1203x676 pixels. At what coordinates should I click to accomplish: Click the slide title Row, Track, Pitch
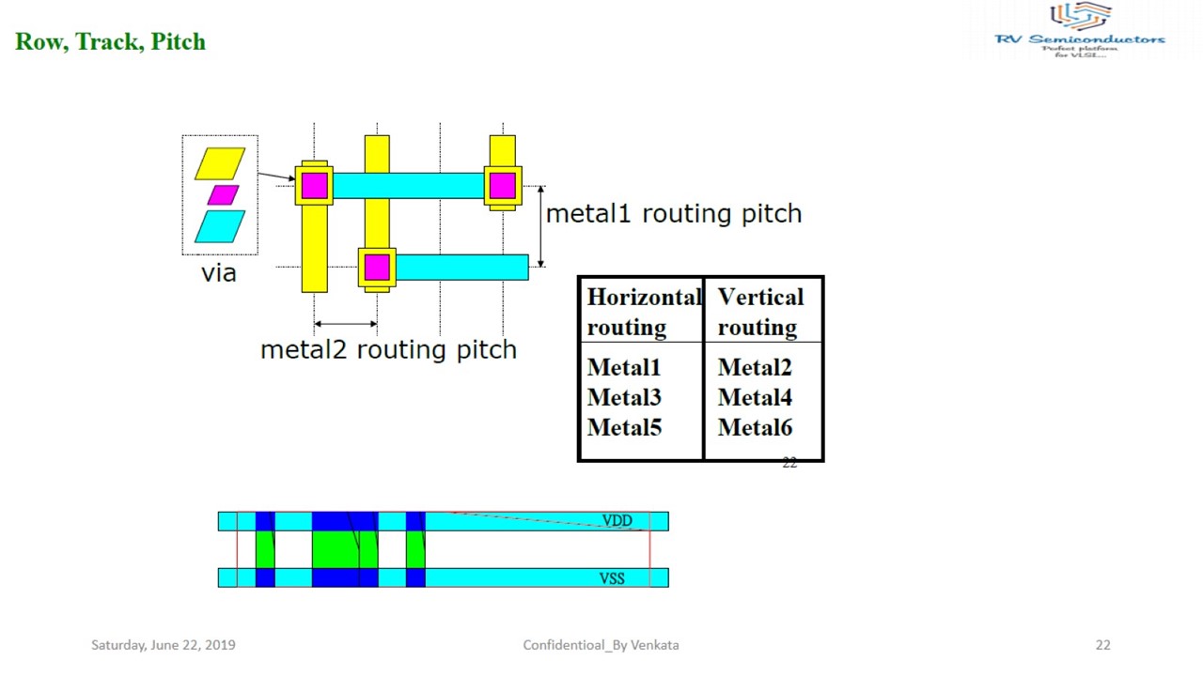(x=110, y=42)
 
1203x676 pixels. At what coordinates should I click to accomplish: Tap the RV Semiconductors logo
(x=1080, y=30)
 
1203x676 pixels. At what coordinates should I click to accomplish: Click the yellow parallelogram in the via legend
(x=220, y=163)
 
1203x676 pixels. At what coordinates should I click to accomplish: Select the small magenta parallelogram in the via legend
(x=223, y=194)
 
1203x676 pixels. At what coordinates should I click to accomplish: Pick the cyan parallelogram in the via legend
(x=220, y=226)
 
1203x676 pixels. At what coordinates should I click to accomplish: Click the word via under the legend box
(x=218, y=273)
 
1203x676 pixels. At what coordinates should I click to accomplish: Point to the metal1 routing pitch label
(x=673, y=214)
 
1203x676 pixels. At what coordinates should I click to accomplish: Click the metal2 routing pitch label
(x=388, y=350)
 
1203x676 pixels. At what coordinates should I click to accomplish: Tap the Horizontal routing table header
(x=643, y=312)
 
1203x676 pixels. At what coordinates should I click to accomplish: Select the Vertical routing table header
(x=760, y=312)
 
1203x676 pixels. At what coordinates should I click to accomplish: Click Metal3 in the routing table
(x=624, y=398)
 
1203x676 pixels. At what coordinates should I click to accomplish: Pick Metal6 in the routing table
(x=755, y=428)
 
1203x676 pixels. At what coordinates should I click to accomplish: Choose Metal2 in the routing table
(x=755, y=368)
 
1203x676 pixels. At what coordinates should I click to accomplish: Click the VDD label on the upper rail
(x=617, y=521)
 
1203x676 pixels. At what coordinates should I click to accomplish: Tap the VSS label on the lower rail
(x=612, y=578)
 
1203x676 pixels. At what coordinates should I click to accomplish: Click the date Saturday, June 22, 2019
(x=164, y=645)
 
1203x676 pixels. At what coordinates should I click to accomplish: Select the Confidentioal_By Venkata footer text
(x=601, y=645)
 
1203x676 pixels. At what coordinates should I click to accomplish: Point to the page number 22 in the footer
(x=1102, y=645)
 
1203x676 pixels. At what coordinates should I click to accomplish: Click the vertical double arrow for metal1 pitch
(x=540, y=226)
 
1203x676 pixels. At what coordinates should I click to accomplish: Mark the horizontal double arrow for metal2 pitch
(x=345, y=324)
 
